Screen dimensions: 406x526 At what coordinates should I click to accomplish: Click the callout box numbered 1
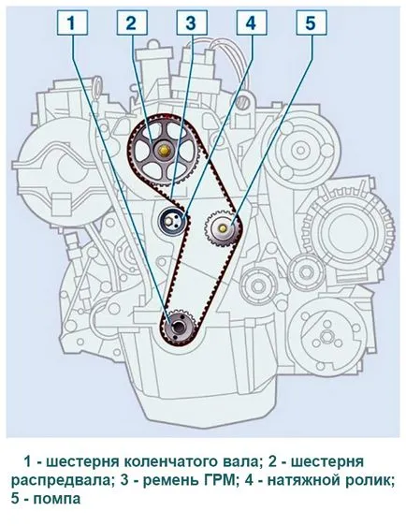[x=72, y=22]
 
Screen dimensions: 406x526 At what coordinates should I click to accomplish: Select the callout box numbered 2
[x=132, y=22]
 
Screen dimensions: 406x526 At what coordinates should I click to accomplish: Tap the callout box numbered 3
[x=192, y=22]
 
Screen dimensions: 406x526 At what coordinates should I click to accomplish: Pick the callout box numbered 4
[x=252, y=22]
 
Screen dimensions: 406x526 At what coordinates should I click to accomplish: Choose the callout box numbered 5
[x=312, y=22]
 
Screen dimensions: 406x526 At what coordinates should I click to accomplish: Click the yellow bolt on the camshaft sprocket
[x=165, y=151]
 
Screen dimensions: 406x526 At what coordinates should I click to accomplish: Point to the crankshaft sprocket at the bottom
[x=177, y=328]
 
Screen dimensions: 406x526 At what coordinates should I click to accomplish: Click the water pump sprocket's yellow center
[x=223, y=228]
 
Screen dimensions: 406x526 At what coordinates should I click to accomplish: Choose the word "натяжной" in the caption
[x=302, y=481]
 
